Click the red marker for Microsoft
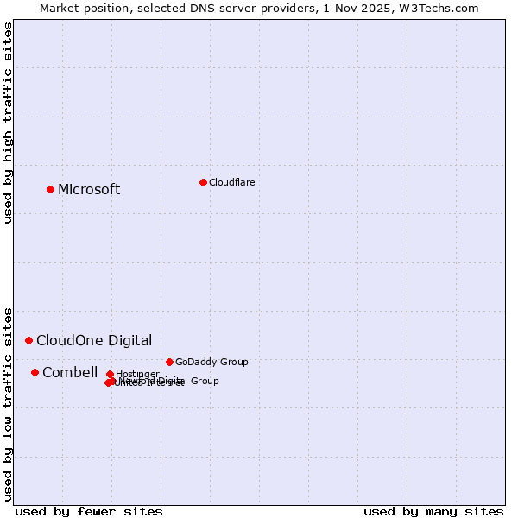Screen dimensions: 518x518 coord(50,189)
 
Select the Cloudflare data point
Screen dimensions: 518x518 coord(203,182)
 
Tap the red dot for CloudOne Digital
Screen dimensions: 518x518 coord(28,340)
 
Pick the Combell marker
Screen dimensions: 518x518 coord(35,372)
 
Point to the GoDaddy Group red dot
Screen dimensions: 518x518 coord(169,362)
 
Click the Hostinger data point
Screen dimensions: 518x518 coord(110,374)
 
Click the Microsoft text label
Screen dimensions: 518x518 coord(89,190)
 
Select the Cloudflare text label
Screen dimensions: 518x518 coord(231,182)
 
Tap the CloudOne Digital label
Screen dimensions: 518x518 coord(94,340)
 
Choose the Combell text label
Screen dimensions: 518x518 coord(70,372)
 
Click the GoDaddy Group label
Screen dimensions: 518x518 coord(212,362)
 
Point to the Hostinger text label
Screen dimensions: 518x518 coord(138,374)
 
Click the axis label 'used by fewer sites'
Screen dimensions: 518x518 coord(89,511)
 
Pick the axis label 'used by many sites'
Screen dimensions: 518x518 coord(433,511)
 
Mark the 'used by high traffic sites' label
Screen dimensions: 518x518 coord(8,123)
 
